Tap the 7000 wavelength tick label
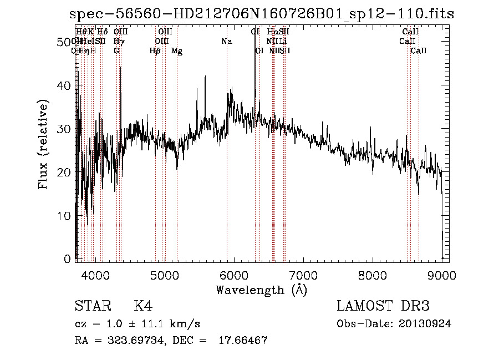(303, 275)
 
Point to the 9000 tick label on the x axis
(442, 275)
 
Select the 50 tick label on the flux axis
(66, 42)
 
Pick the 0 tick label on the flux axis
(69, 259)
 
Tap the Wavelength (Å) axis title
(261, 290)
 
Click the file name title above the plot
(262, 14)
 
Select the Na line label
(226, 42)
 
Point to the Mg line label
(177, 51)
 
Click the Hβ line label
(155, 51)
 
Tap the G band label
(116, 51)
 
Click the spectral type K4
(143, 306)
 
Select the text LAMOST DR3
(383, 306)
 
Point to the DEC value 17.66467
(245, 341)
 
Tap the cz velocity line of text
(137, 323)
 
